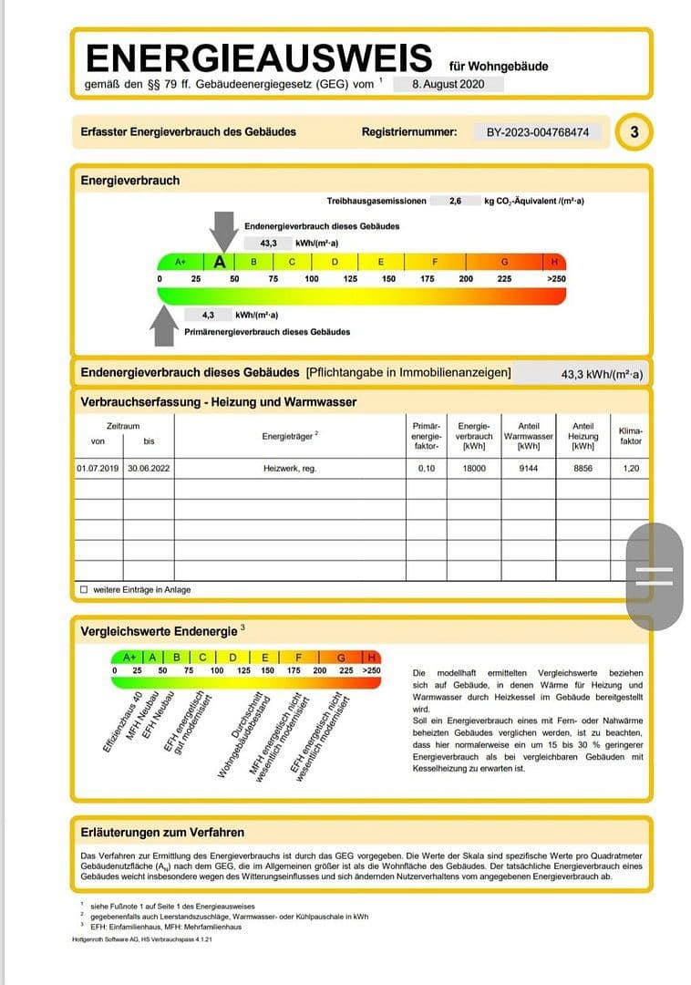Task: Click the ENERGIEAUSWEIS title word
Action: [258, 58]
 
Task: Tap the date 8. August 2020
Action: [445, 84]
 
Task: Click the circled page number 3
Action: [634, 132]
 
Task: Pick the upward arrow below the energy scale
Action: [165, 325]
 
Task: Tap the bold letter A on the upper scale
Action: [220, 262]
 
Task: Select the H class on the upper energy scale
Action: [554, 262]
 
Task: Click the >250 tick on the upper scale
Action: [555, 279]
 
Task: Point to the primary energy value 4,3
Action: [208, 315]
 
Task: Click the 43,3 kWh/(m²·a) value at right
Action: [602, 374]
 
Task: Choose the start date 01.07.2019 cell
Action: [98, 468]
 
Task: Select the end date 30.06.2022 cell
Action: [150, 468]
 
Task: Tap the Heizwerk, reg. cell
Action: [290, 468]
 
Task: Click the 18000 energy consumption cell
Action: [474, 468]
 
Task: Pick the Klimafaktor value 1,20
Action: [630, 468]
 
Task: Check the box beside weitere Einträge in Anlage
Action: [84, 589]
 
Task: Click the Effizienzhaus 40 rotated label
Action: [121, 721]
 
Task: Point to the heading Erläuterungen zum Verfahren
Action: [162, 832]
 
